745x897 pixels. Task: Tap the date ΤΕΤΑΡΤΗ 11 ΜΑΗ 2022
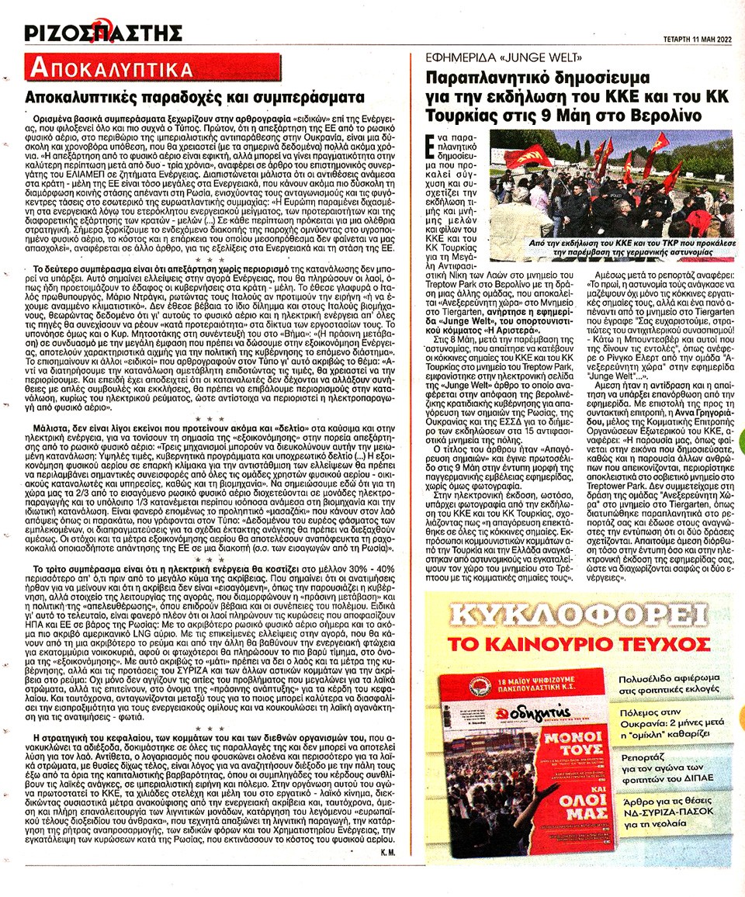pos(687,36)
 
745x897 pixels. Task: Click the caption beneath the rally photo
pos(612,248)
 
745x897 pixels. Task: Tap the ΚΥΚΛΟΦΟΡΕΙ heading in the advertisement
pos(577,616)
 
